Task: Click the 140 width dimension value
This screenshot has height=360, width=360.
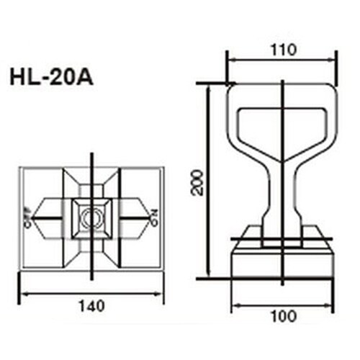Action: coord(92,305)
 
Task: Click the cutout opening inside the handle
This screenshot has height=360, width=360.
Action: coord(282,127)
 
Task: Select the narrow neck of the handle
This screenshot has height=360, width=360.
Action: coord(283,198)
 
